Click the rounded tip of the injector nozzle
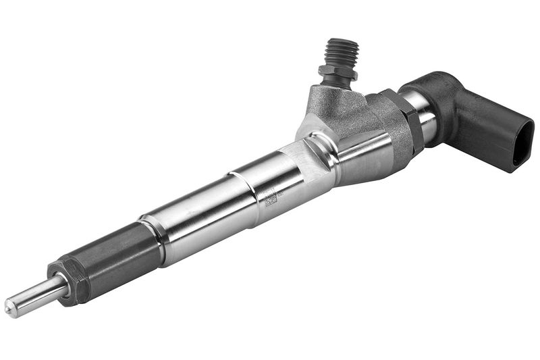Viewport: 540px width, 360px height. click(x=10, y=307)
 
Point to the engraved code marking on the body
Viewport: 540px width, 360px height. click(x=271, y=198)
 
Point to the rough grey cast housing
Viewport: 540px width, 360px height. click(x=344, y=108)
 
